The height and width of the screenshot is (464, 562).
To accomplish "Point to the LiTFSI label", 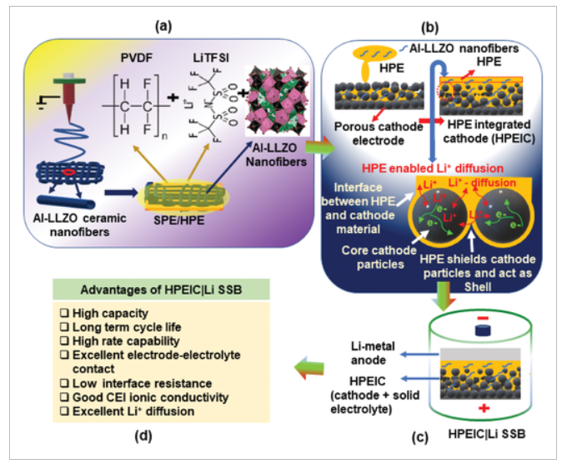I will [x=208, y=58].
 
